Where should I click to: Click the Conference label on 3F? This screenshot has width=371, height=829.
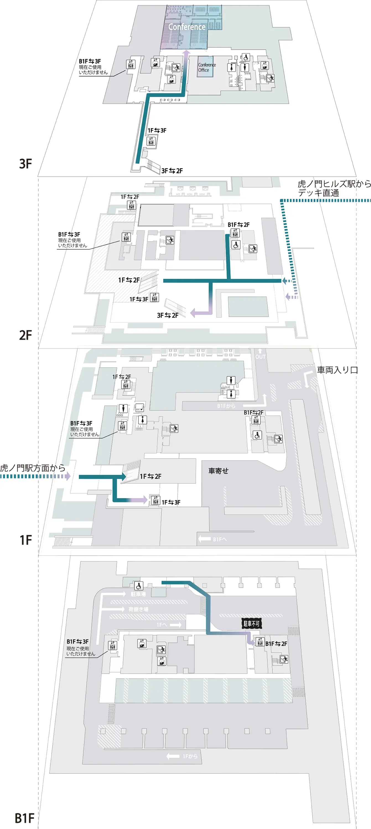coord(187,27)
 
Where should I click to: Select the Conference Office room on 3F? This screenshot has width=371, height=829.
coord(206,67)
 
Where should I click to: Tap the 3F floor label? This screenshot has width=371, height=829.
coord(25,164)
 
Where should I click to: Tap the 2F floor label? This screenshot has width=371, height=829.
coord(25,335)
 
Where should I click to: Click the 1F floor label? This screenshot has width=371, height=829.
coord(25,540)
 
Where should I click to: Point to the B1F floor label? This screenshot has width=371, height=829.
coord(24,818)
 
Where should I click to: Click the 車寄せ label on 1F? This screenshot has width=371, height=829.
coord(218,471)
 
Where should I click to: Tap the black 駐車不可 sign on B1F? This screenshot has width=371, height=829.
coord(251,624)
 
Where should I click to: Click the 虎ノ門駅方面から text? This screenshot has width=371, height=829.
coord(33,468)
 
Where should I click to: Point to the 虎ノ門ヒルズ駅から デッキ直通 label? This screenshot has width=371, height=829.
coord(334,188)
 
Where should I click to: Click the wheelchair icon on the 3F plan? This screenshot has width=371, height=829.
coord(246,57)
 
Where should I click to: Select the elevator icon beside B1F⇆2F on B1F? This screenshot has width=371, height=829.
coord(260,642)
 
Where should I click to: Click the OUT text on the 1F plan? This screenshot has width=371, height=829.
coord(260,357)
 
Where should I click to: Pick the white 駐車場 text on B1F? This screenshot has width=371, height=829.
coord(138,594)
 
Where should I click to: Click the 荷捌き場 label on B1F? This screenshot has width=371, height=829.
coord(138,609)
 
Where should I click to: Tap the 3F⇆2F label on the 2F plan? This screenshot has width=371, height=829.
coord(167,316)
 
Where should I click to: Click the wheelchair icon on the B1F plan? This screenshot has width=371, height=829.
coord(139,586)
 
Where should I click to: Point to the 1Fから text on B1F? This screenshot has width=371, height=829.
coord(190,756)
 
